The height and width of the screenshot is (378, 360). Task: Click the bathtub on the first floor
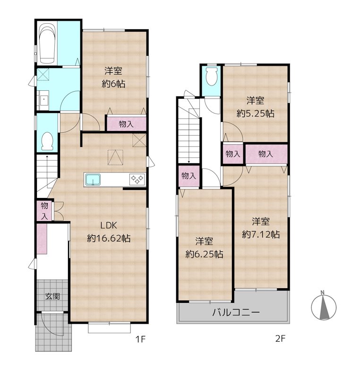tap(47, 44)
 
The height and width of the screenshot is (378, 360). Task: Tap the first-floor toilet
tap(47, 141)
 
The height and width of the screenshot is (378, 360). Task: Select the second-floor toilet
tap(212, 76)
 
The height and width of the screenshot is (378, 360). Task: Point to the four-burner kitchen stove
tap(137, 180)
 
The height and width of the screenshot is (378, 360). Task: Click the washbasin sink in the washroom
tap(43, 100)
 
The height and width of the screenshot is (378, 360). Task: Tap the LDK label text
tap(109, 225)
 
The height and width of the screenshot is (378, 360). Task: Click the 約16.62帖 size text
tap(109, 239)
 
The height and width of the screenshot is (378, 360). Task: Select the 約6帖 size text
tap(113, 84)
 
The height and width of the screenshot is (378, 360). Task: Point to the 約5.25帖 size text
tap(255, 113)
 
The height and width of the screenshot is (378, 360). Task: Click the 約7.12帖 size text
tap(261, 234)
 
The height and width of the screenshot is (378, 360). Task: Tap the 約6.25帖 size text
tap(204, 254)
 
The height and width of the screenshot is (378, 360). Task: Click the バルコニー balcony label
tap(236, 312)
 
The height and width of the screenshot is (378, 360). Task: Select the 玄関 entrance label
tap(52, 296)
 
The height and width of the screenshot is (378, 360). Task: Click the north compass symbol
tap(323, 306)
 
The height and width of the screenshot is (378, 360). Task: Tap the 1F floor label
tap(140, 339)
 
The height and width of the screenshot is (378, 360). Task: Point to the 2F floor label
tap(280, 339)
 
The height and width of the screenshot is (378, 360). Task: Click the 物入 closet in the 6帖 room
tap(126, 124)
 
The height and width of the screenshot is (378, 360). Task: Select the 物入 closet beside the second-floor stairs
tap(189, 176)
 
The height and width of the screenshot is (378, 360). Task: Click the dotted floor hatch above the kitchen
tap(115, 157)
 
